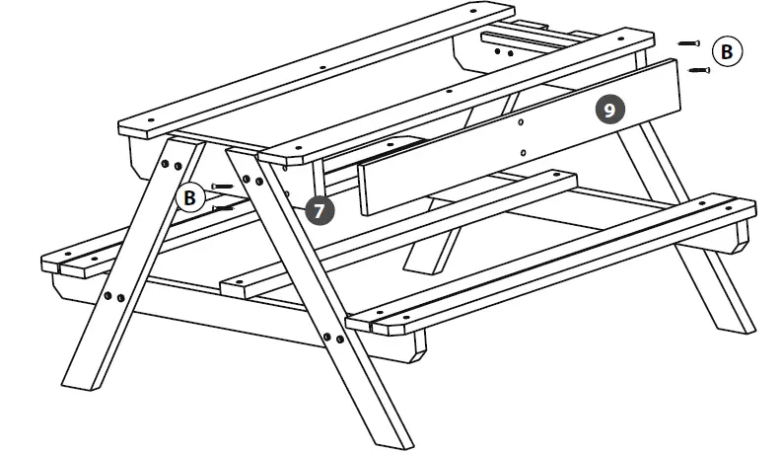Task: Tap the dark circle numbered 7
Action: point(319,209)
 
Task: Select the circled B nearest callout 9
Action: point(727,52)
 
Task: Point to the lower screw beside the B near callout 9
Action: point(699,69)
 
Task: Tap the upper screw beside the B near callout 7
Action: point(223,186)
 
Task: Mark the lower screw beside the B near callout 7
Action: point(224,208)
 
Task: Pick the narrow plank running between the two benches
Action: point(394,232)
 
